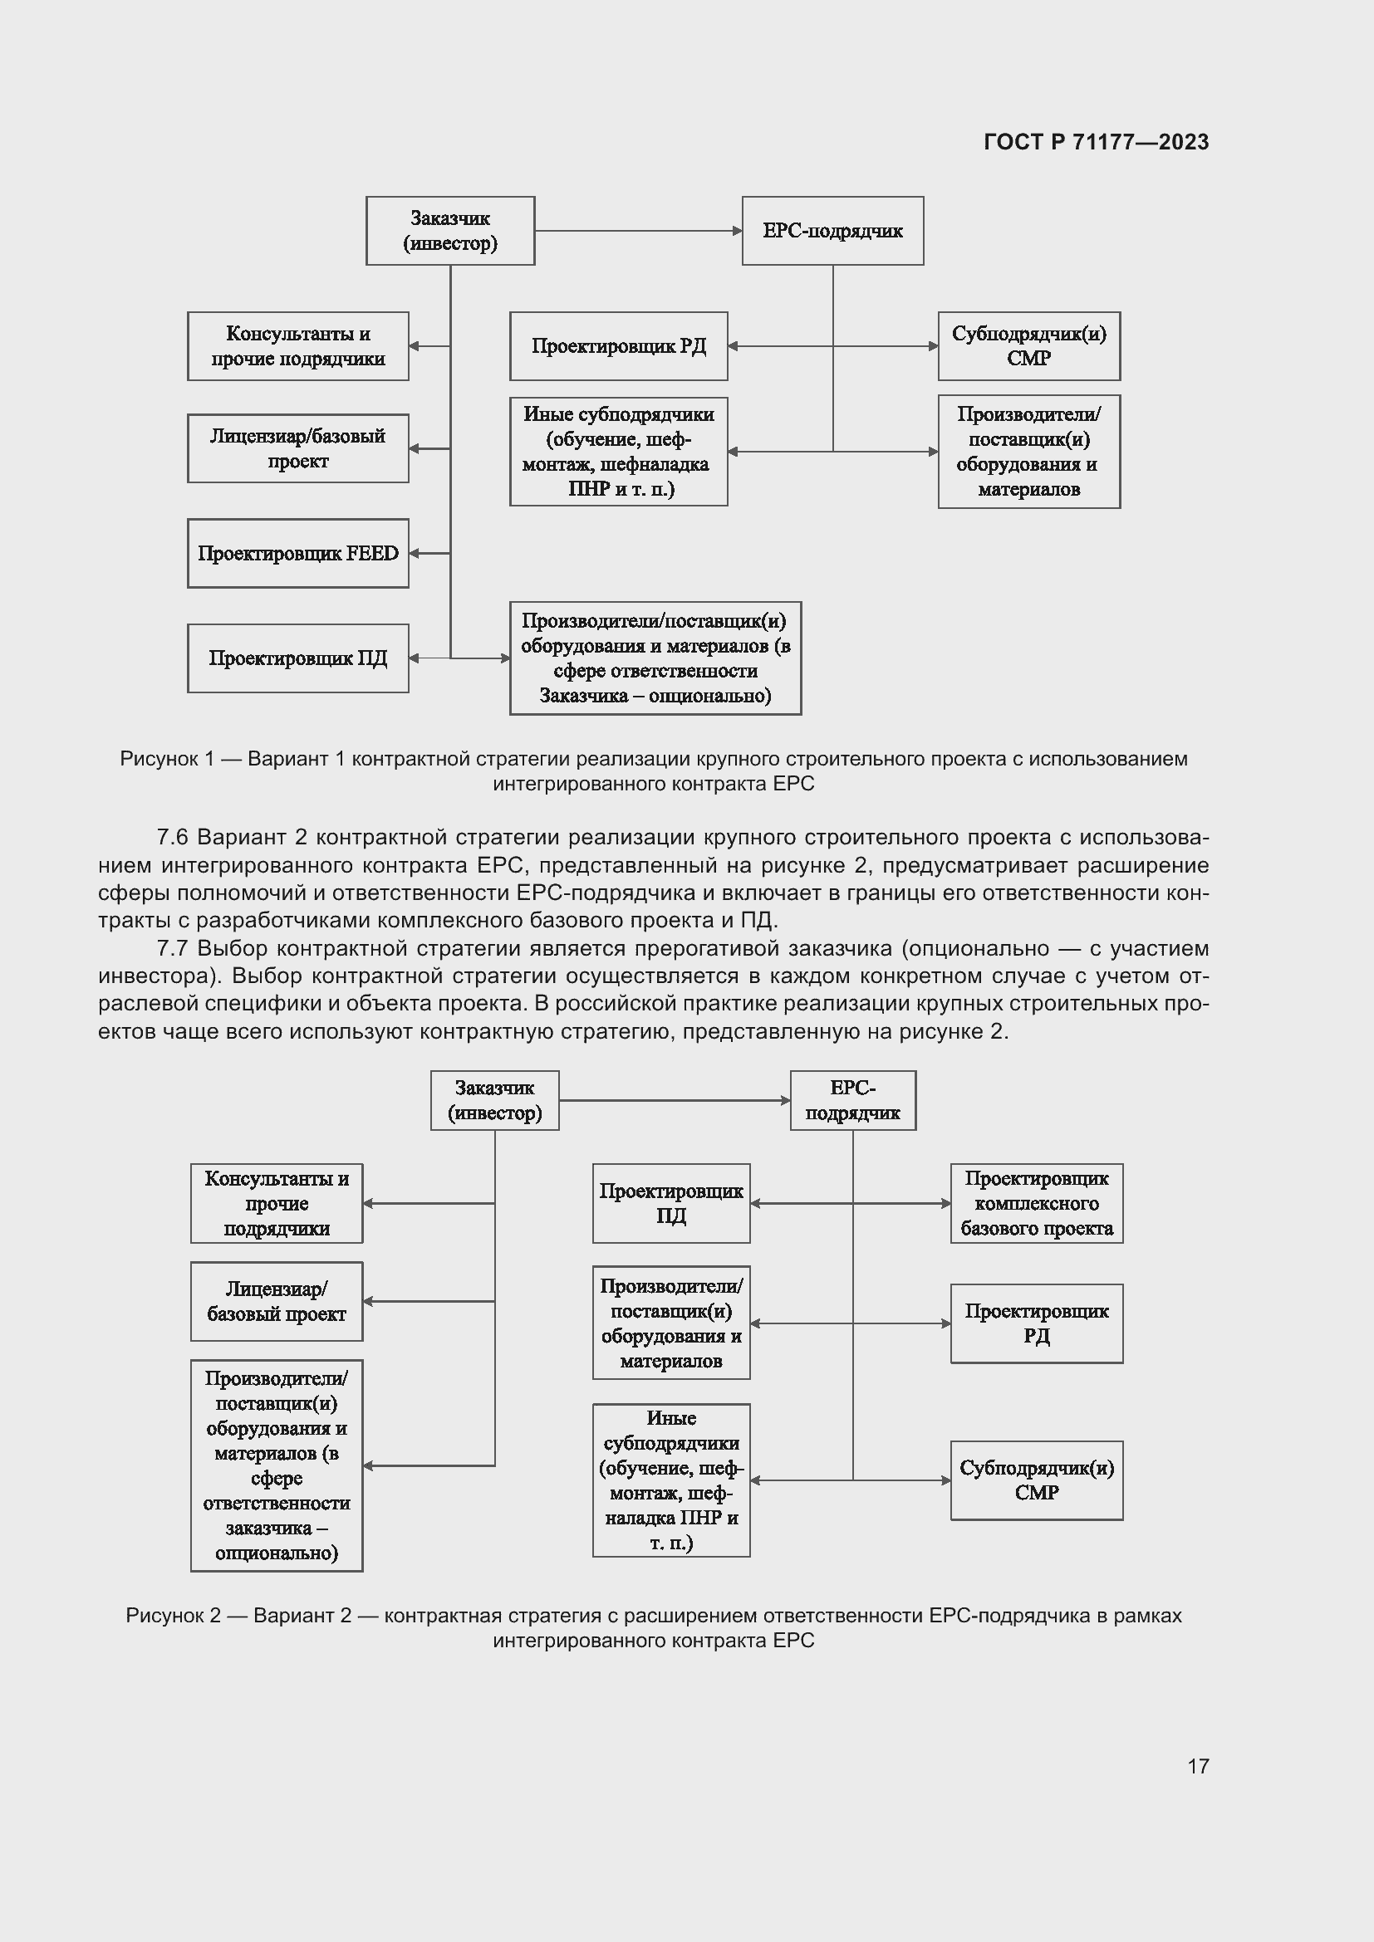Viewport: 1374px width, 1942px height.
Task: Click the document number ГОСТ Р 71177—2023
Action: click(1096, 142)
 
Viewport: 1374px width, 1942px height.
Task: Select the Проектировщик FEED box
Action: click(298, 553)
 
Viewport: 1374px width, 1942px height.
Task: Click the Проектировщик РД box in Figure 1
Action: click(619, 346)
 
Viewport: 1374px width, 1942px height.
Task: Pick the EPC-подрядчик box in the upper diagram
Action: click(832, 231)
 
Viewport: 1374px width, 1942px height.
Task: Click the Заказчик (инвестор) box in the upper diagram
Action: click(450, 231)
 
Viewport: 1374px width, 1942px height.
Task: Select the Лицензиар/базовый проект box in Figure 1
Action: click(298, 448)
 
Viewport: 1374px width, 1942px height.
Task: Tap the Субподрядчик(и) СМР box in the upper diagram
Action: click(1028, 346)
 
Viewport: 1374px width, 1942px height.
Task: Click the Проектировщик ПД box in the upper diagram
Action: click(298, 658)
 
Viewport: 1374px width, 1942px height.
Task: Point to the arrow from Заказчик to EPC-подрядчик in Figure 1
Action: click(638, 231)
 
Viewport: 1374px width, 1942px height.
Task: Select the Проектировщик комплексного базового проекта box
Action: click(1037, 1203)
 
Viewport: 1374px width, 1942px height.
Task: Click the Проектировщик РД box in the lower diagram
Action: click(1037, 1323)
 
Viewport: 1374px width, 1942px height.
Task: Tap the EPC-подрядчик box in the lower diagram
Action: click(853, 1100)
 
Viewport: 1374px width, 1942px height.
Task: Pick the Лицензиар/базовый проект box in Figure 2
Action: click(277, 1302)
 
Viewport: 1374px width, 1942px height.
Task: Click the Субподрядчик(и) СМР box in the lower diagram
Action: click(1037, 1480)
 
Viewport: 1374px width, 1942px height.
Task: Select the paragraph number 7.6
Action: click(172, 838)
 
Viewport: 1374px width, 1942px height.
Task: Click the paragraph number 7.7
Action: click(172, 948)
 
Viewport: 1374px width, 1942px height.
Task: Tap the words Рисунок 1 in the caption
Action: click(167, 759)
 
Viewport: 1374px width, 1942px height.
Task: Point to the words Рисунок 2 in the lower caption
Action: click(173, 1616)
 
